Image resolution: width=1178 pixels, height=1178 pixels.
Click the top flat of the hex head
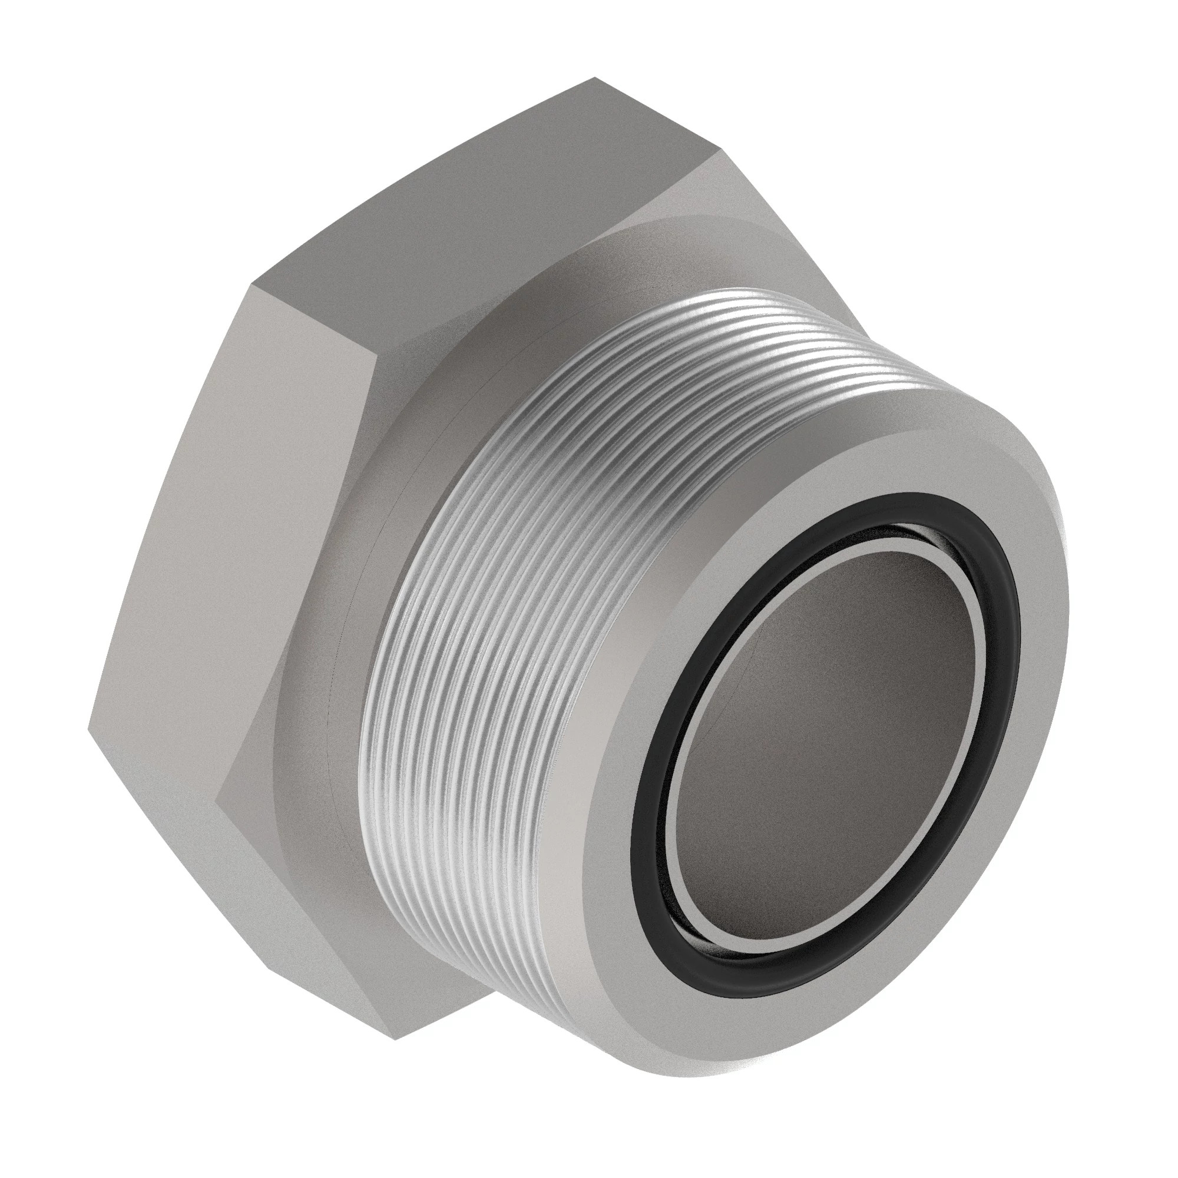(x=488, y=201)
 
